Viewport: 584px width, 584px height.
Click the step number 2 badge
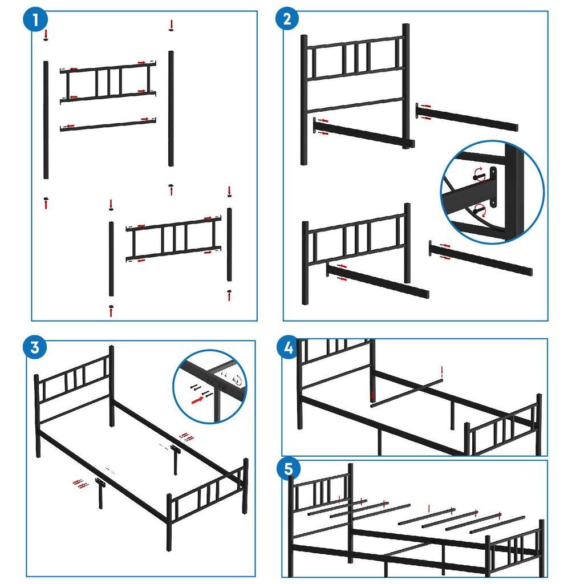click(x=287, y=19)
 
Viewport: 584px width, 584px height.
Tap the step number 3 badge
click(x=35, y=347)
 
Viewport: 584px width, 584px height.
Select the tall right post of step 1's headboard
click(x=171, y=108)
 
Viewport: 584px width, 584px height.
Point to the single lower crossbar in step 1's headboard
click(x=108, y=124)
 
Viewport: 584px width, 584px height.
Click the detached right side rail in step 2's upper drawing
click(x=468, y=117)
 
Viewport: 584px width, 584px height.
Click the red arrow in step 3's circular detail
click(x=198, y=401)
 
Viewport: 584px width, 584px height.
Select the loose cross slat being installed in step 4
click(x=406, y=391)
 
